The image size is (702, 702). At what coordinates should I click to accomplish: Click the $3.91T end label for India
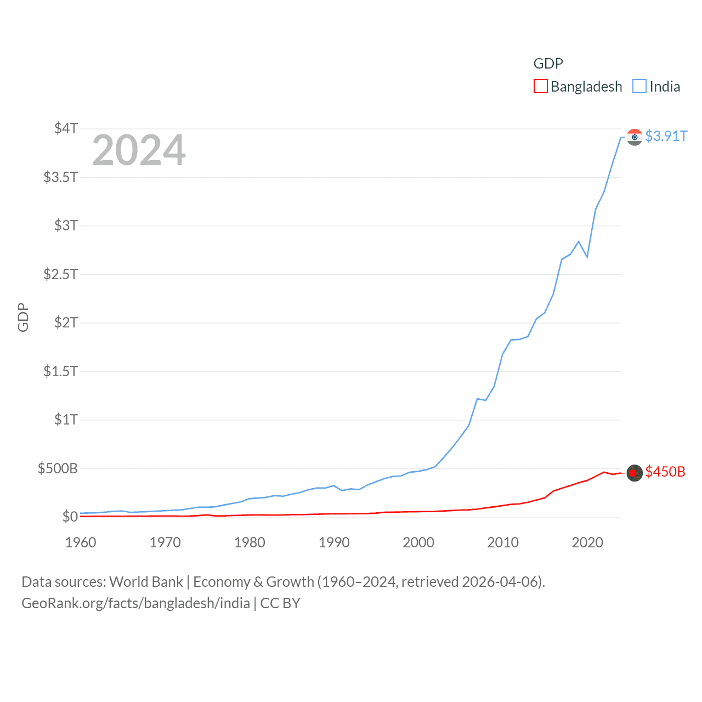(x=666, y=136)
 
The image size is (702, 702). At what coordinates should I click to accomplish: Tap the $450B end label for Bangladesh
(x=665, y=472)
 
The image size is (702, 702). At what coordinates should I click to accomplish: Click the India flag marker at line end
(x=635, y=137)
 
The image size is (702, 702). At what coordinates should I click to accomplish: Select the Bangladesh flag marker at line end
(x=635, y=472)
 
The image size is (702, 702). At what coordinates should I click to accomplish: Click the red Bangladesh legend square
(x=540, y=87)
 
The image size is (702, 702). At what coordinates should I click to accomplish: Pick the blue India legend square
(x=639, y=87)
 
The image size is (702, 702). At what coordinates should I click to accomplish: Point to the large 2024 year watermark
(x=139, y=150)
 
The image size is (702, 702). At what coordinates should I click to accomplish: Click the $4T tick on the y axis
(x=66, y=128)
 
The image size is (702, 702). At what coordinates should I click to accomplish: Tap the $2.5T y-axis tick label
(x=61, y=274)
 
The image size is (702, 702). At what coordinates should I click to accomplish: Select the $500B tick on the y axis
(x=58, y=468)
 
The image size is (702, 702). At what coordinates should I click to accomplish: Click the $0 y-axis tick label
(x=70, y=517)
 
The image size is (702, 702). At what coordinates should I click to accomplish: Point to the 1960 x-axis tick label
(x=81, y=542)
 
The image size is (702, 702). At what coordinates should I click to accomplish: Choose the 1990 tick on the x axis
(x=334, y=542)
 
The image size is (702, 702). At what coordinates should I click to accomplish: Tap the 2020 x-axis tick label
(x=587, y=542)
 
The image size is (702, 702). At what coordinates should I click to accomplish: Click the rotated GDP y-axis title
(x=23, y=317)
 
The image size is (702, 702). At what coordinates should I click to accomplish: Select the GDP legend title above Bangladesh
(x=548, y=64)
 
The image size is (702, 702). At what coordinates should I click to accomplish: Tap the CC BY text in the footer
(x=280, y=603)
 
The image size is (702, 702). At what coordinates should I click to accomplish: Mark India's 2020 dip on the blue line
(x=587, y=257)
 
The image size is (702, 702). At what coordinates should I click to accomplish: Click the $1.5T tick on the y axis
(x=61, y=371)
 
